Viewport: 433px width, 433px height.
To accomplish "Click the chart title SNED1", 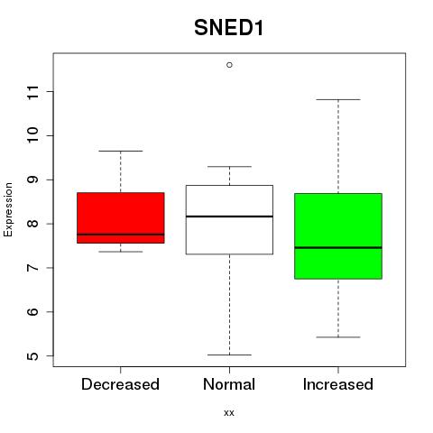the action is click(x=229, y=28).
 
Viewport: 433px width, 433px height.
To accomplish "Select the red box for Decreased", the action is click(x=121, y=217).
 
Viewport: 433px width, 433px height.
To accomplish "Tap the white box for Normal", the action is click(x=229, y=220).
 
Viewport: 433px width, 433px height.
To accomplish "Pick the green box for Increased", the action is click(x=338, y=236).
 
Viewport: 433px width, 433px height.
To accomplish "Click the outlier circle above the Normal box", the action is click(x=229, y=65).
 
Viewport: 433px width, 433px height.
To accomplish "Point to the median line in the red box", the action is click(x=121, y=235).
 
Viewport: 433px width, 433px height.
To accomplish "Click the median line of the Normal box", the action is click(x=229, y=216).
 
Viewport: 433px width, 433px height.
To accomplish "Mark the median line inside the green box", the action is click(x=338, y=248).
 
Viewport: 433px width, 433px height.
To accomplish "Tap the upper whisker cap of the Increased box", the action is click(x=338, y=99).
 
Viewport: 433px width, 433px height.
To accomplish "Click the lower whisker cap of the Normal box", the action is click(x=229, y=355).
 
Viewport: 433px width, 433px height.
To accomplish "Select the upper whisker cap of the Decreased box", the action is click(x=121, y=151).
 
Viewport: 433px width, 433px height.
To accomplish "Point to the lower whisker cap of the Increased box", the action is click(x=338, y=337).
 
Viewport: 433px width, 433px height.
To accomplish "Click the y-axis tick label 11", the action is click(x=33, y=92).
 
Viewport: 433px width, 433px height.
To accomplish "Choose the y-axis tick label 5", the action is click(x=33, y=356).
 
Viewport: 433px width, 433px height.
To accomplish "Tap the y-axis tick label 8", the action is click(x=33, y=224).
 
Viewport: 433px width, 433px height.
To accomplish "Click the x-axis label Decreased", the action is click(x=120, y=384).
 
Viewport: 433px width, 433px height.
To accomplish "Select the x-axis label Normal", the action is click(x=229, y=384).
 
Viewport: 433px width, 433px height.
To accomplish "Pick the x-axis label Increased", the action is click(x=338, y=384).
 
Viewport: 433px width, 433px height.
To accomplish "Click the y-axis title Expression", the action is click(x=8, y=209).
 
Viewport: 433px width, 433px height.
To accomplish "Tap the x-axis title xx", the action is click(x=229, y=413).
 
